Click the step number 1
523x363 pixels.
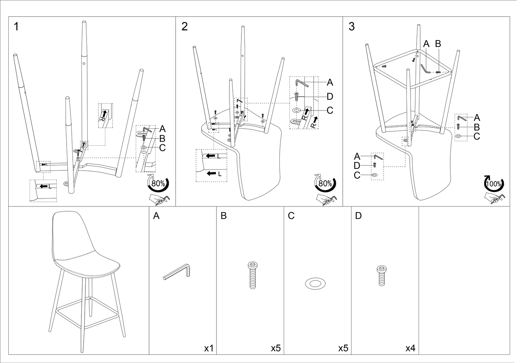click(16, 26)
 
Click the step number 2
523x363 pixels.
click(185, 26)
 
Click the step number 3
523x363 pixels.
click(351, 26)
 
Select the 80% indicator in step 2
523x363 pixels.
click(325, 183)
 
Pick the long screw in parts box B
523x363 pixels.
click(252, 275)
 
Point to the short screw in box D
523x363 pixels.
click(381, 275)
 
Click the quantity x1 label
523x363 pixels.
click(209, 348)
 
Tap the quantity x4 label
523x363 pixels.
click(410, 348)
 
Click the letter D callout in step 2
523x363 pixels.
click(330, 96)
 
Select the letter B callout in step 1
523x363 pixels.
click(162, 138)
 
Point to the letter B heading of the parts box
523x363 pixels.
click(224, 216)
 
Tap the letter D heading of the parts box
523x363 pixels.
click(358, 216)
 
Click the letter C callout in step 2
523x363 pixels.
click(330, 110)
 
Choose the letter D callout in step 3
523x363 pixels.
click(357, 166)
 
